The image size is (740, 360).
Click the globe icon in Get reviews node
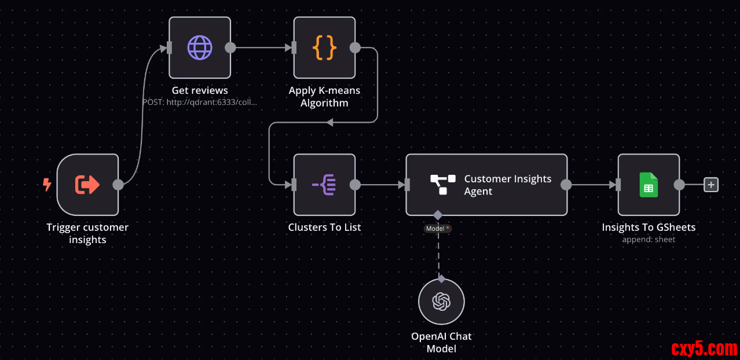coord(200,47)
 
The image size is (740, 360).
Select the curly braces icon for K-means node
coord(324,47)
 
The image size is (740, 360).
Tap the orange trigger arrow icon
coord(87,185)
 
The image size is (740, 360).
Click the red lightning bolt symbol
coord(47,185)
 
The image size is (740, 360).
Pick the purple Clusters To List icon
coord(324,185)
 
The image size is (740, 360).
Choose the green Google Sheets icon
coord(649,185)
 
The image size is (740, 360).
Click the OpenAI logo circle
coord(441,302)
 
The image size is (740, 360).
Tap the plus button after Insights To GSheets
coord(711,185)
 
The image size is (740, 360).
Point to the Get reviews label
coord(200,90)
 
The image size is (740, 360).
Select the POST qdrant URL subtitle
coord(200,102)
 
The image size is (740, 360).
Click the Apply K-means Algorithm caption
coord(324,97)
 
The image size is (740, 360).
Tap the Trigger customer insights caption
coord(87,233)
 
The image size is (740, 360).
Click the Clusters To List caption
coord(324,227)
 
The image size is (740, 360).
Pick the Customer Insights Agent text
coord(507,185)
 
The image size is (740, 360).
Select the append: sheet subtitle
coord(649,239)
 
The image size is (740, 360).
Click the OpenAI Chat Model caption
coord(441,342)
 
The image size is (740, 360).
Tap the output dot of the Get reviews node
coord(230,47)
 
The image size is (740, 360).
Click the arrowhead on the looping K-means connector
coord(329,122)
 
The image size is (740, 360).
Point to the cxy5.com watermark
coord(704,348)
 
